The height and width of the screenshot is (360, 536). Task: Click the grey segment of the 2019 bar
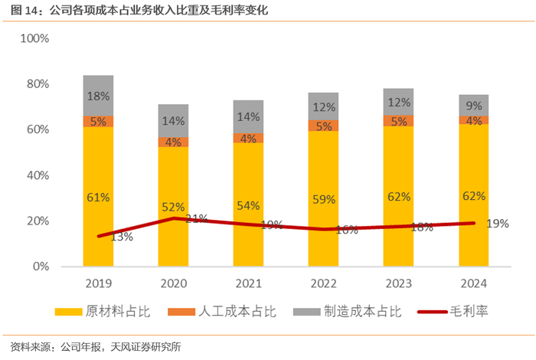[x=98, y=96]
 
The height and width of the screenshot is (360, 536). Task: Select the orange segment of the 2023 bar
[x=398, y=121]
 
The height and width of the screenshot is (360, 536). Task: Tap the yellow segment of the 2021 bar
[x=248, y=205]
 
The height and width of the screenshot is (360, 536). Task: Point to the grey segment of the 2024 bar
[x=473, y=106]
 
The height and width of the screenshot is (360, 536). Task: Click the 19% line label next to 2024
[x=498, y=223]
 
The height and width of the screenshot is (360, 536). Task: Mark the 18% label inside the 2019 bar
[x=98, y=97]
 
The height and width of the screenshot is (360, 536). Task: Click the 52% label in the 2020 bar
[x=173, y=207]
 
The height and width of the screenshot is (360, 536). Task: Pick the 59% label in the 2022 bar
[x=323, y=199]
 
